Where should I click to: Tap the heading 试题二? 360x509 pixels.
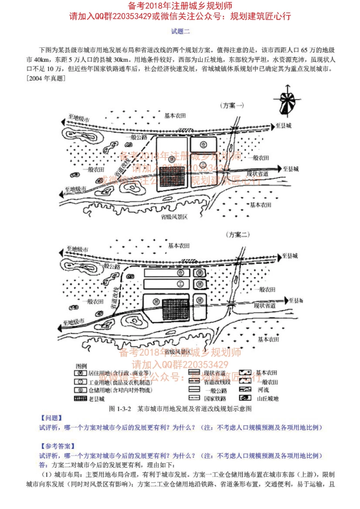(x=180, y=31)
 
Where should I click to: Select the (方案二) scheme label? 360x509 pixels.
(x=238, y=235)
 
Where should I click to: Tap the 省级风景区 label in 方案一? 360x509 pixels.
(x=174, y=217)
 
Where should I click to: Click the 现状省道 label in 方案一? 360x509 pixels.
(x=258, y=173)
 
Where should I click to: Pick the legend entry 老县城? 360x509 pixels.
(x=89, y=398)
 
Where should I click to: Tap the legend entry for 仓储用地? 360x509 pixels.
(x=113, y=390)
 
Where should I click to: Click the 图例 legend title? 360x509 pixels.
(x=81, y=366)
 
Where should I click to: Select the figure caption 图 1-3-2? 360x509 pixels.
(x=180, y=409)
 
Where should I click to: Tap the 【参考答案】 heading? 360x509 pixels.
(x=58, y=446)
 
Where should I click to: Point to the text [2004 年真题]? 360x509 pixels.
(x=46, y=78)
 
